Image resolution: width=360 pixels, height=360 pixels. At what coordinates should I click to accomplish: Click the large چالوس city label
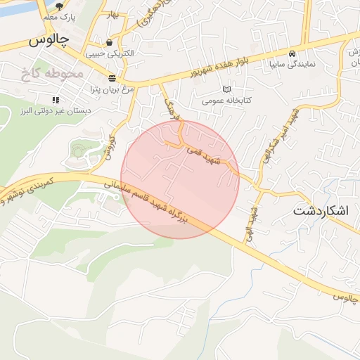tap(49, 41)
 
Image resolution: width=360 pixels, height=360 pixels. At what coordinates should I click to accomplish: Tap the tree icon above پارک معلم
tap(58, 5)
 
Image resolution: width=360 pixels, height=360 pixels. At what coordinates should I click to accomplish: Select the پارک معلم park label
tap(58, 15)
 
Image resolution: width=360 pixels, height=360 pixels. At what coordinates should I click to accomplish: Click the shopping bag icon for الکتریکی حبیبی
tap(109, 42)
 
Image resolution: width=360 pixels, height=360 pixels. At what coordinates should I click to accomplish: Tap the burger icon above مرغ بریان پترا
tap(112, 77)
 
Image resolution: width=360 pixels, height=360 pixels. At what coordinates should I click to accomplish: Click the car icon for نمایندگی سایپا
tap(292, 53)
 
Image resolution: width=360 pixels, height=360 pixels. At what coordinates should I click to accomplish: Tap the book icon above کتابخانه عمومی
tap(226, 89)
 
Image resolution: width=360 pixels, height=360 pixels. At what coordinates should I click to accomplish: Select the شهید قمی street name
tap(203, 156)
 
